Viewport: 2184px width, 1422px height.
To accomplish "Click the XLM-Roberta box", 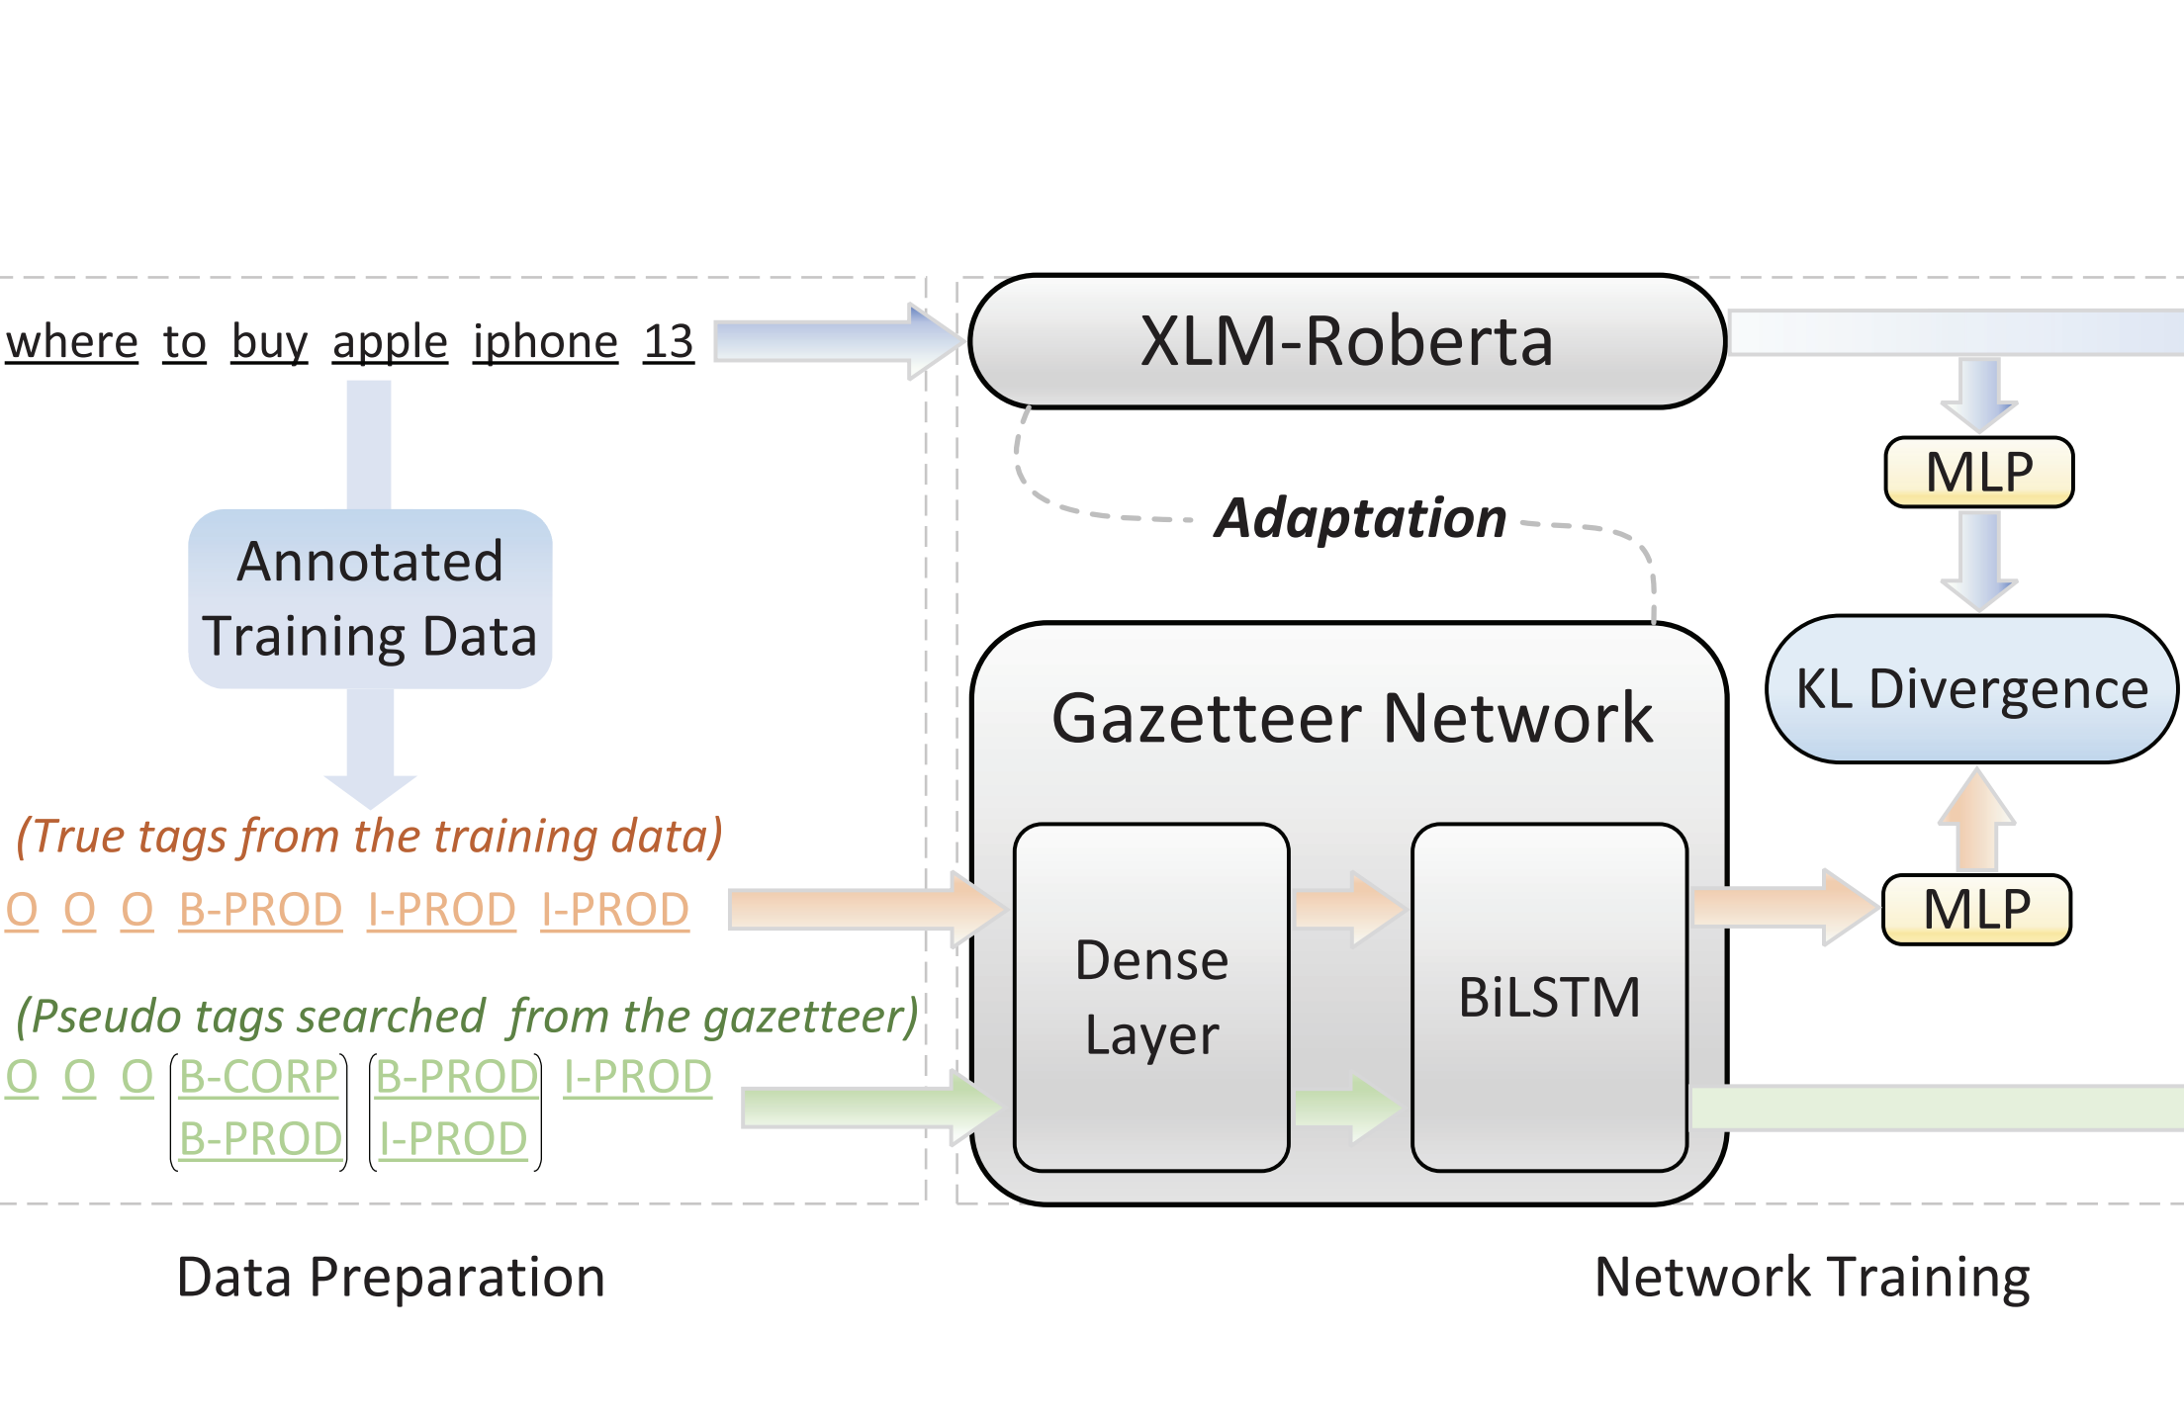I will pos(1347,341).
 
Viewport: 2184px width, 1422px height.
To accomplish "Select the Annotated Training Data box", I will pos(370,599).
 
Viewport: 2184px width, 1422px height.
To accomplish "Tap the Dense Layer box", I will pos(1151,997).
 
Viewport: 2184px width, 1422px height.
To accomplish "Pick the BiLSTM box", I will pos(1549,997).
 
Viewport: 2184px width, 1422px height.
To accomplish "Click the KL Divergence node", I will pos(1971,689).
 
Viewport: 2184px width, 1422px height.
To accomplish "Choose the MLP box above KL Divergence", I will pos(1978,472).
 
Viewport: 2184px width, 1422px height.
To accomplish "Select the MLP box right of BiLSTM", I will pos(1976,910).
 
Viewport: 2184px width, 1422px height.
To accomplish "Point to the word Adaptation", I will pos(1361,518).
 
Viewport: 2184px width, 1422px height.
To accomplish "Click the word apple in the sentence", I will pos(390,342).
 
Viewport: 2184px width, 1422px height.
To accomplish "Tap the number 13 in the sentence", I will pos(669,342).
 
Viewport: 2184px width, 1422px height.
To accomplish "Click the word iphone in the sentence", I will pos(545,342).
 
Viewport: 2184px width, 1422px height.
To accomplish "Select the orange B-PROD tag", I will pos(260,910).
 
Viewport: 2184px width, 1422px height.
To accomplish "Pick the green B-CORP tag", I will pos(258,1077).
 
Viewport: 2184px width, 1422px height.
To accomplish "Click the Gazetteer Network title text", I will pos(1351,718).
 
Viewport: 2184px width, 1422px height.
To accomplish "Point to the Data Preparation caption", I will pos(391,1277).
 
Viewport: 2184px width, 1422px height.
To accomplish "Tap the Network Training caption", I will pos(1812,1277).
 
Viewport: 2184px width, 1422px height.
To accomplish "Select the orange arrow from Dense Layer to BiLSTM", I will pos(1347,908).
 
